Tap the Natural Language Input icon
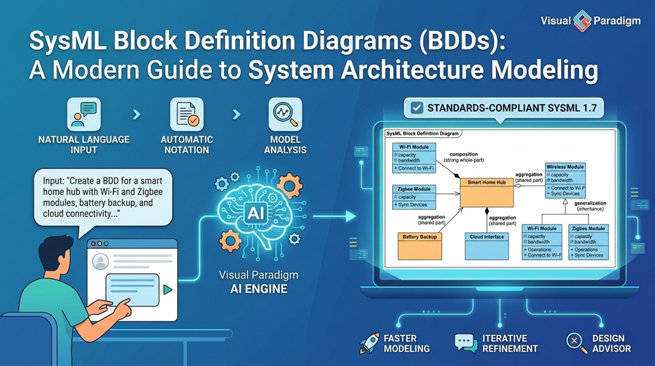(x=84, y=115)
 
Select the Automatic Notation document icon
(x=186, y=115)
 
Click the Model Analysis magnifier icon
(x=285, y=115)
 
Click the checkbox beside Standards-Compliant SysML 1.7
(x=417, y=108)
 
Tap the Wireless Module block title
(x=565, y=167)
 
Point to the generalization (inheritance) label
(x=592, y=206)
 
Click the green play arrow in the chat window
(x=168, y=290)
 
